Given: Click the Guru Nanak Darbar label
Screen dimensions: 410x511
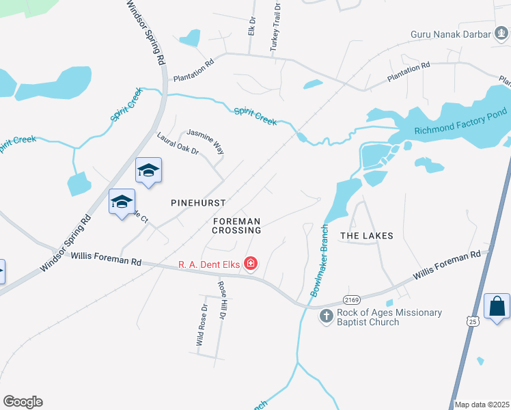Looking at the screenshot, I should click(x=450, y=34).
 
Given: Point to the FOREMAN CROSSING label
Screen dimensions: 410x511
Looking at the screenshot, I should click(x=237, y=226).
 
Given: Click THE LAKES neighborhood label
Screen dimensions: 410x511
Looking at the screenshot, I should click(x=367, y=236).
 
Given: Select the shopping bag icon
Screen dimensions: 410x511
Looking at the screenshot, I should click(x=497, y=305).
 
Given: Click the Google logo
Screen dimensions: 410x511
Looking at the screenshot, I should click(x=23, y=402).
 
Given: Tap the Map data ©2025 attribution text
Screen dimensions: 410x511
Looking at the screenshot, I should click(x=482, y=405).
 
